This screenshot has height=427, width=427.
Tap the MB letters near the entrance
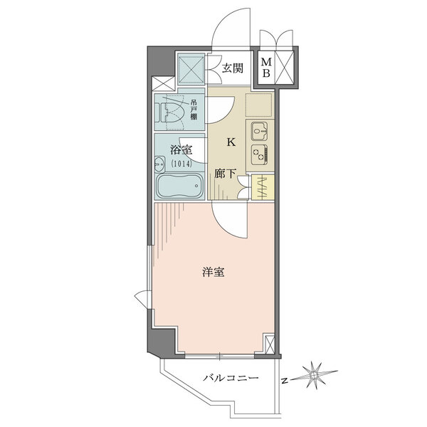point(267,68)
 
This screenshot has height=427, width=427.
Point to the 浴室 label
point(181,150)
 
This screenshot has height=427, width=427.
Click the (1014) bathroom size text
point(181,162)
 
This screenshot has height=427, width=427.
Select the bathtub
point(178,189)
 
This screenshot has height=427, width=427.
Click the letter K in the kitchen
point(231,142)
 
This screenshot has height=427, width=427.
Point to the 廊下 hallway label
point(226,172)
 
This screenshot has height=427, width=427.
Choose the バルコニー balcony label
point(228,379)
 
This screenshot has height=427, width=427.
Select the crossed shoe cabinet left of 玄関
point(191,69)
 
